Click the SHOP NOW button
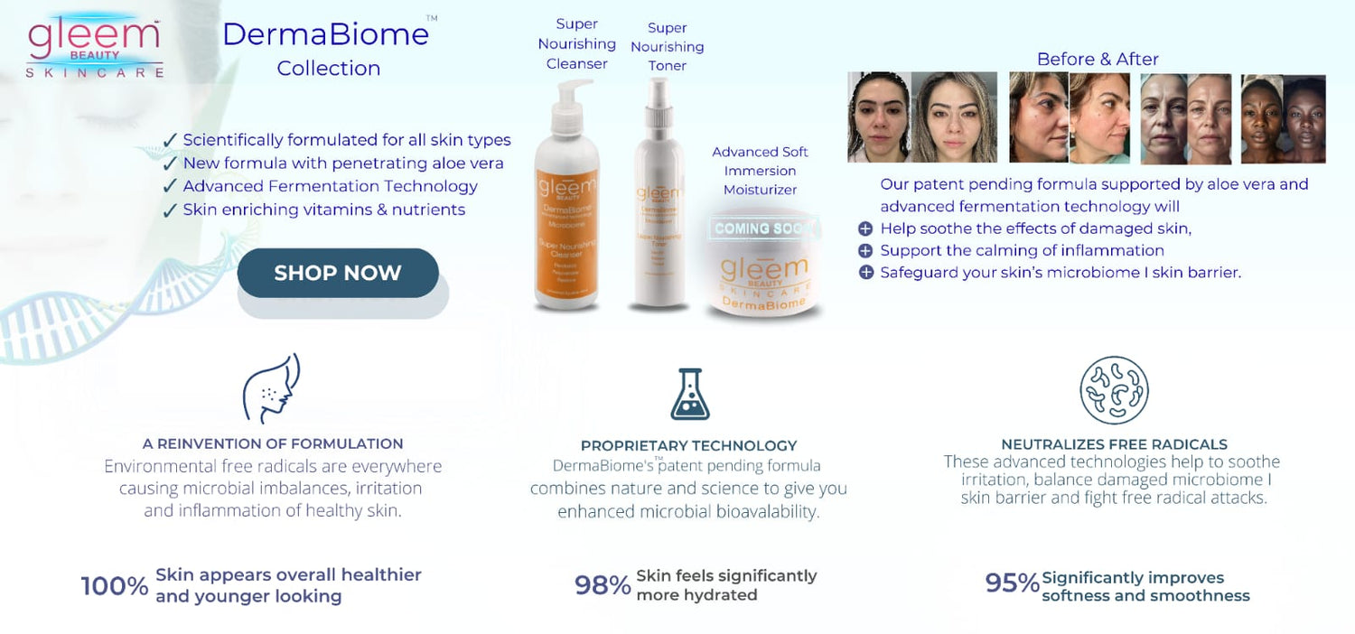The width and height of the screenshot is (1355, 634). pos(338,273)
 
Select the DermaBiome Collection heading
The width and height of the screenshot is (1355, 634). pos(325,49)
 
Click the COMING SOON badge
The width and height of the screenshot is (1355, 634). pos(764,228)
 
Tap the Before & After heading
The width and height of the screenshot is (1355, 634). pos(1098,59)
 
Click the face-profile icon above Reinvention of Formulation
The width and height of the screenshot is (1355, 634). pos(272,388)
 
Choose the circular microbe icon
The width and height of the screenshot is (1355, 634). pos(1114,390)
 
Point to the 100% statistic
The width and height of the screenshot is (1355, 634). pos(115,586)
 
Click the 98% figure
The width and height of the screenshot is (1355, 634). pos(603,585)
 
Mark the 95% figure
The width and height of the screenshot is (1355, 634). pos(1012,583)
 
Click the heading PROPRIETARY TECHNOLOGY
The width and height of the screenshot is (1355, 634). pos(688,445)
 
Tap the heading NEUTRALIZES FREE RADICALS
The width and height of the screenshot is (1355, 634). pos(1114,444)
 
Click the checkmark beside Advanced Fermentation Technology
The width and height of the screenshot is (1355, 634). pos(169,187)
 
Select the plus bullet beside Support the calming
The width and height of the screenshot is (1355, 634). pos(865,251)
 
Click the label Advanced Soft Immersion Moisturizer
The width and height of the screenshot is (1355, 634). pos(760,171)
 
